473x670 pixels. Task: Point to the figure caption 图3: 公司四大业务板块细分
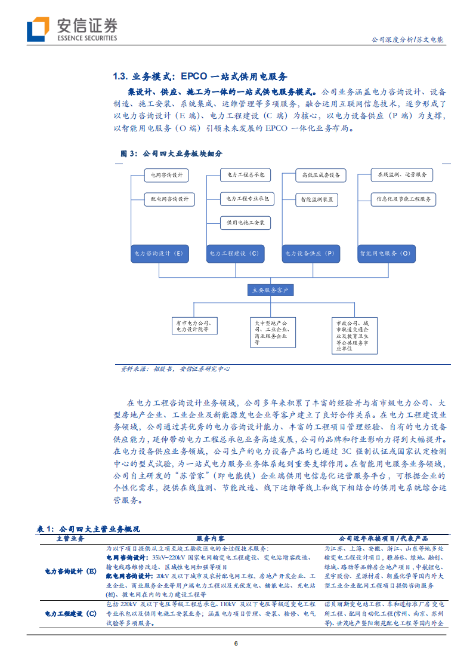[x=171, y=153]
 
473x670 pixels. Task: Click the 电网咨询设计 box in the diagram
[x=166, y=176]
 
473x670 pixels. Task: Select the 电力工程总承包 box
[x=245, y=175]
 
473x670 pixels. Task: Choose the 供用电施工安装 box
[x=245, y=223]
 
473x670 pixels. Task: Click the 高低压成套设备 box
[x=320, y=175]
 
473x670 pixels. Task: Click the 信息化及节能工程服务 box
[x=403, y=199]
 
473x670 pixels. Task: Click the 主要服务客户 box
[x=271, y=290]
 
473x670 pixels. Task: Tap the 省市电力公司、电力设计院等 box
[x=193, y=325]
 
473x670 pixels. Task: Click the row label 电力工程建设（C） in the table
[x=71, y=614]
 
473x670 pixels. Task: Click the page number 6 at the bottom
[x=236, y=644]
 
